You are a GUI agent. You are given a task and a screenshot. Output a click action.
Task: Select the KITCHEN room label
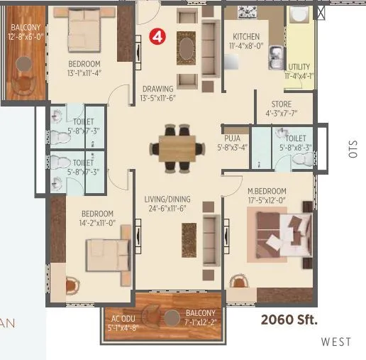246,37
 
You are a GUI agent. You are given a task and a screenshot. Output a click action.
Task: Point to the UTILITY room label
298,67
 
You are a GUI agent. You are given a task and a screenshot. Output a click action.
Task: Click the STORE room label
282,104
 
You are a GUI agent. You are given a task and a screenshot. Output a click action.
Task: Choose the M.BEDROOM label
267,191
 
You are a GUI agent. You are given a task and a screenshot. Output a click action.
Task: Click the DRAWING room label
157,89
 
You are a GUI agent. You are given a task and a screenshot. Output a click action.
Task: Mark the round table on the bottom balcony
172,319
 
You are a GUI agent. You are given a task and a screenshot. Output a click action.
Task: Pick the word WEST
335,342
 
